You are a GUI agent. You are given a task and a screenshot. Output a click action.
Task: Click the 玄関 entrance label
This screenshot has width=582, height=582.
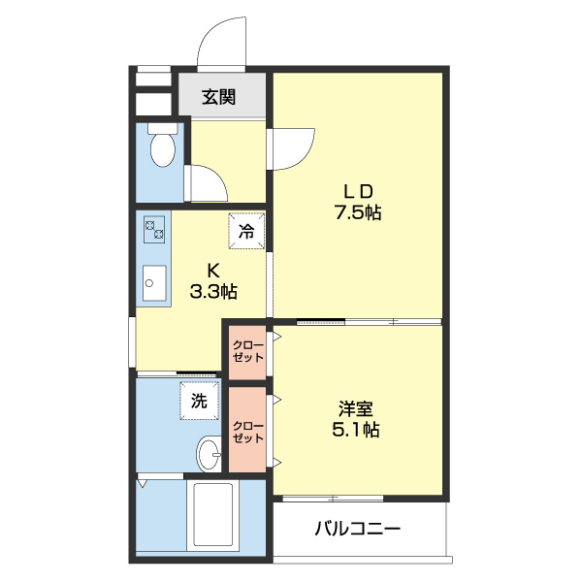pyautogui.click(x=218, y=97)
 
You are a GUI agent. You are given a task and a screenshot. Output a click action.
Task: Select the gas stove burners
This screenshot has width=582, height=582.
pyautogui.click(x=154, y=230)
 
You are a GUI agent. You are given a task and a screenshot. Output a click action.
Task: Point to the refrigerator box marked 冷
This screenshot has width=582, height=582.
pyautogui.click(x=246, y=231)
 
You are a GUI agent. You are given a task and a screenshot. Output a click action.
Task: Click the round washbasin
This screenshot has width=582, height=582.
pyautogui.click(x=210, y=452)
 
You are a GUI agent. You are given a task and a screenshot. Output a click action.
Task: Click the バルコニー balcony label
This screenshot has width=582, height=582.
pyautogui.click(x=357, y=530)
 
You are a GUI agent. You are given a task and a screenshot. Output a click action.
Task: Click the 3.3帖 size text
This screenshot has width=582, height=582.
pyautogui.click(x=212, y=290)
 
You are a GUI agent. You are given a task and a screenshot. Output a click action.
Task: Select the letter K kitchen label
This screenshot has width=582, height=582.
pyautogui.click(x=212, y=270)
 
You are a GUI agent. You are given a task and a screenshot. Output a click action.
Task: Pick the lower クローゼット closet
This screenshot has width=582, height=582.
pyautogui.click(x=246, y=431)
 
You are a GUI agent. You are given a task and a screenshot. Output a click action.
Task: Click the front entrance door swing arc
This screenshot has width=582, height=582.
pyautogui.click(x=221, y=39)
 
